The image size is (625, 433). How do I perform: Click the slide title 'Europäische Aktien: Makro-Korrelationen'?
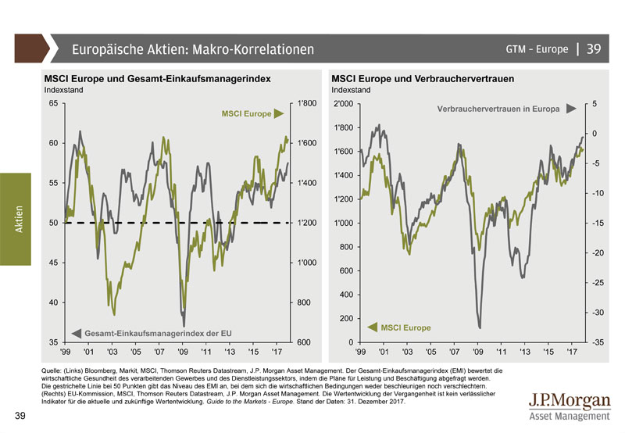click(192, 49)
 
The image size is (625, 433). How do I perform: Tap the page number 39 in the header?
click(594, 49)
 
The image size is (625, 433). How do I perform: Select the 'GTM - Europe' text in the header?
click(537, 49)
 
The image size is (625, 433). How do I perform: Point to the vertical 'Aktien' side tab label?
click(19, 218)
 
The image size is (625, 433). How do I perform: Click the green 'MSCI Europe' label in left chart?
click(247, 114)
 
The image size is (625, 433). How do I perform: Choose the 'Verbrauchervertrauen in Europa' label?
click(497, 109)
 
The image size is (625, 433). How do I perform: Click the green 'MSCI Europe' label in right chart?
click(405, 327)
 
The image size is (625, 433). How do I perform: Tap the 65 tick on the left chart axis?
click(53, 103)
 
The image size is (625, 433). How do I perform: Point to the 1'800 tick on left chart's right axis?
click(305, 103)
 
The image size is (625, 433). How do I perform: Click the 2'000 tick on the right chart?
click(344, 103)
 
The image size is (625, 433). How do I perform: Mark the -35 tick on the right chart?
click(595, 342)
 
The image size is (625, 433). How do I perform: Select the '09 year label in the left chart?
click(183, 352)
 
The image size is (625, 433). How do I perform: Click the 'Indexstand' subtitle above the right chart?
click(351, 90)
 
